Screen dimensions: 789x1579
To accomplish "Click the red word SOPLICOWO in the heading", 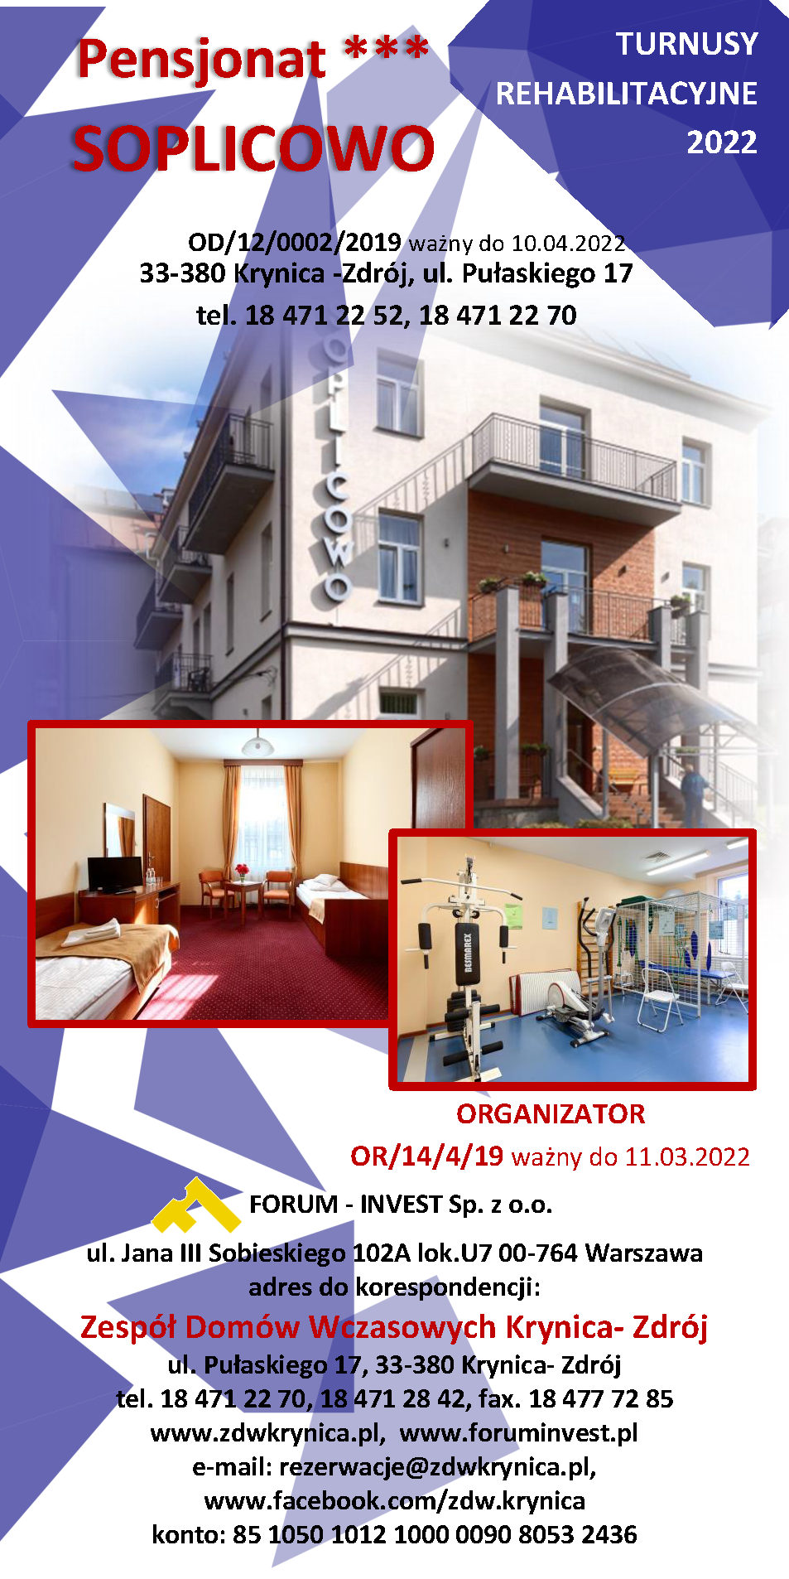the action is pyautogui.click(x=253, y=149).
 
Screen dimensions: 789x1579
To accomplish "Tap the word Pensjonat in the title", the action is pyautogui.click(x=202, y=60).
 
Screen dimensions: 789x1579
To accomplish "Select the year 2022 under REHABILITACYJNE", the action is pyautogui.click(x=722, y=142).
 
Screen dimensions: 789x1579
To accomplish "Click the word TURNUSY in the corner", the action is pyautogui.click(x=687, y=44).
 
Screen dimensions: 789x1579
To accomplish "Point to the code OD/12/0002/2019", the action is pyautogui.click(x=295, y=242).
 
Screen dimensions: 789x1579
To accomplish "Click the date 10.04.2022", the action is pyautogui.click(x=568, y=244).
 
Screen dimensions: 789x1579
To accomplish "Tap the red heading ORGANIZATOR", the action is pyautogui.click(x=551, y=1114).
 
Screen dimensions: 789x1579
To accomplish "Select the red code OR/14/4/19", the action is pyautogui.click(x=426, y=1156).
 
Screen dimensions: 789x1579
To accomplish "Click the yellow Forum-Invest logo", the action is pyautogui.click(x=195, y=1205).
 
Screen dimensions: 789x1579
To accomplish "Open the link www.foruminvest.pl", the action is pyautogui.click(x=518, y=1433).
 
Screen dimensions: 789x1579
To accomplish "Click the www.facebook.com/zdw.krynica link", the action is pyautogui.click(x=395, y=1500).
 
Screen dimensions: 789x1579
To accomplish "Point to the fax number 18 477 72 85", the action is pyautogui.click(x=601, y=1398).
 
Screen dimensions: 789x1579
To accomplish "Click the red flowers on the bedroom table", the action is pyautogui.click(x=242, y=870).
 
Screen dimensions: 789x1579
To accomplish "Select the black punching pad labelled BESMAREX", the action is pyautogui.click(x=466, y=953).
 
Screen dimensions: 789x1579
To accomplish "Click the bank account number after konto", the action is pyautogui.click(x=435, y=1534).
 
